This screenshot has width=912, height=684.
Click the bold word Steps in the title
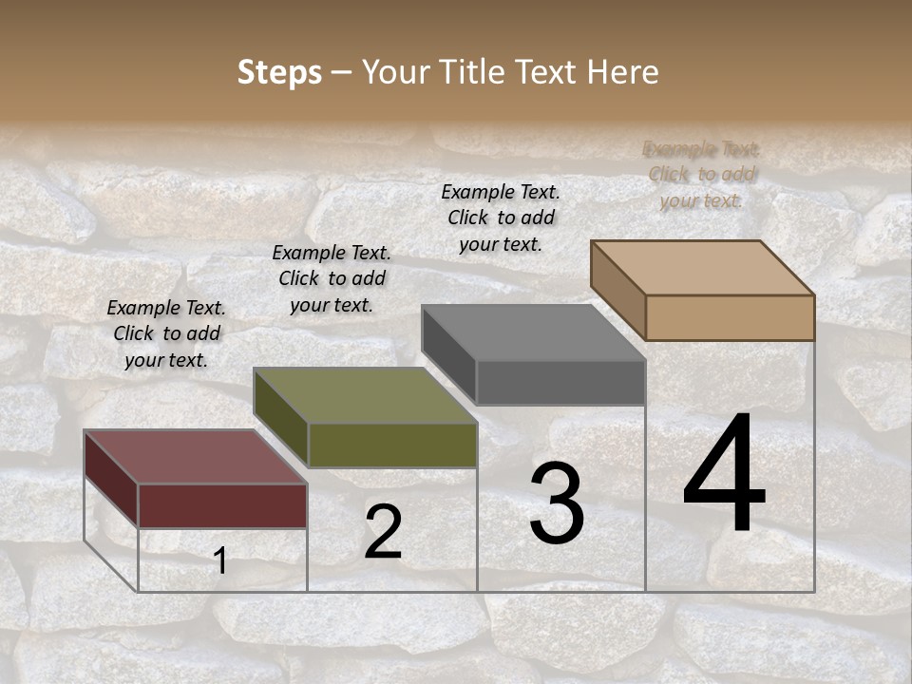[279, 72]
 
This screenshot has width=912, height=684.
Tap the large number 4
[724, 475]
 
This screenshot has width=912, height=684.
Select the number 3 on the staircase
[556, 503]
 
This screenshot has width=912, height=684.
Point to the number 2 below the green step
[383, 532]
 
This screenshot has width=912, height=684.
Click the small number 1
[219, 561]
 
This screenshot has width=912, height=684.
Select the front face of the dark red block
[222, 505]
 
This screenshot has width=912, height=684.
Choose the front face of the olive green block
[392, 445]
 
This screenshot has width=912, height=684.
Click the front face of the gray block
[560, 382]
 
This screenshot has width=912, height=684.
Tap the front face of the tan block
[730, 317]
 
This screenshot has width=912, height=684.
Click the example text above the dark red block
[166, 333]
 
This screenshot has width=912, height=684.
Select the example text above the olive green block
[332, 278]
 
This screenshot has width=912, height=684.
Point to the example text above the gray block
[501, 218]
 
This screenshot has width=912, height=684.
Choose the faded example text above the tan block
[701, 174]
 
